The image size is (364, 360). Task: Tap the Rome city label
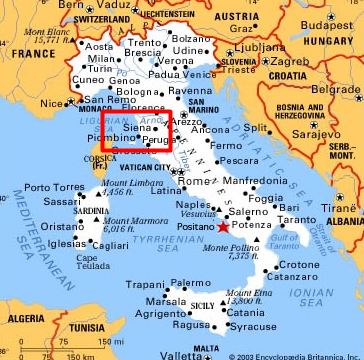192,181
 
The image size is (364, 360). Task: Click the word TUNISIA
88,327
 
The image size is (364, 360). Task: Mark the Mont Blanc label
28,35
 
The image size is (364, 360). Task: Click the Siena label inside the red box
136,129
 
